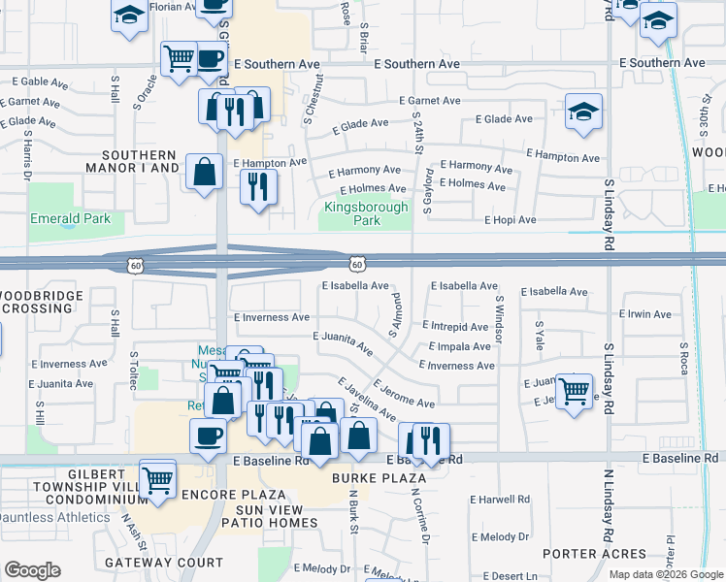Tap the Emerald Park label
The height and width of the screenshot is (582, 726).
(70, 218)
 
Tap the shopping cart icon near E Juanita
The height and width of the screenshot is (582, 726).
(575, 390)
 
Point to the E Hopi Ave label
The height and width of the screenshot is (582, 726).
(511, 220)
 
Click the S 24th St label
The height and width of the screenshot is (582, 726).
(419, 137)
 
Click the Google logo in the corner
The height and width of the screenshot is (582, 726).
(32, 570)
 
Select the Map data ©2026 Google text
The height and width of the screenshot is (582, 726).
(665, 574)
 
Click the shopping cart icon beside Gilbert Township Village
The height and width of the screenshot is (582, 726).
(157, 478)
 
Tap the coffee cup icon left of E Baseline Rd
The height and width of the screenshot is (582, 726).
(207, 435)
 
